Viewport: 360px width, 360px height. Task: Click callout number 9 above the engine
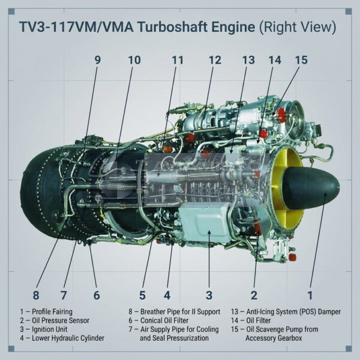(97, 60)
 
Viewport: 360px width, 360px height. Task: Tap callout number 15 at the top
(301, 60)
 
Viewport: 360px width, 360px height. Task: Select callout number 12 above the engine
(215, 60)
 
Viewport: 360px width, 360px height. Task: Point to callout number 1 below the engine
(310, 295)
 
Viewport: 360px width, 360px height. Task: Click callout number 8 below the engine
(36, 295)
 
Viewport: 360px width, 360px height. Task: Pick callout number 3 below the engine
(209, 295)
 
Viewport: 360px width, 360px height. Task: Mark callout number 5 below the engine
(142, 295)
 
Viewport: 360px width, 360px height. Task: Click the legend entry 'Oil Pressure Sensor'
(49, 320)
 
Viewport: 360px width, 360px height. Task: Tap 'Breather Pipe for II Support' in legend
(170, 311)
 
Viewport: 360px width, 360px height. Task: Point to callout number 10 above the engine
(134, 60)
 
